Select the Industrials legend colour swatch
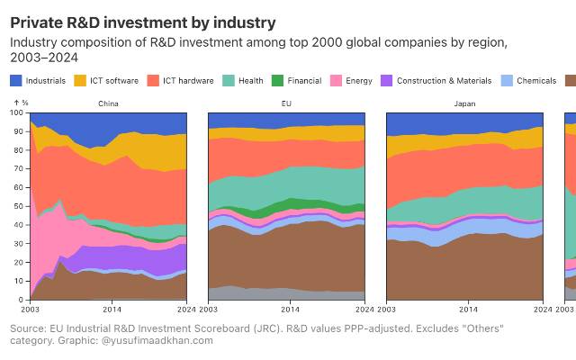coord(15,81)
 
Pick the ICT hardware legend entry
coord(188,81)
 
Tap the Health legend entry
coord(251,81)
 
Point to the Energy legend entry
coord(358,81)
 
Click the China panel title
coord(108,103)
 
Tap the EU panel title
coord(286,103)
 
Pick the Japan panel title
coord(464,103)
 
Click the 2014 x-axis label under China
coord(112,309)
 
